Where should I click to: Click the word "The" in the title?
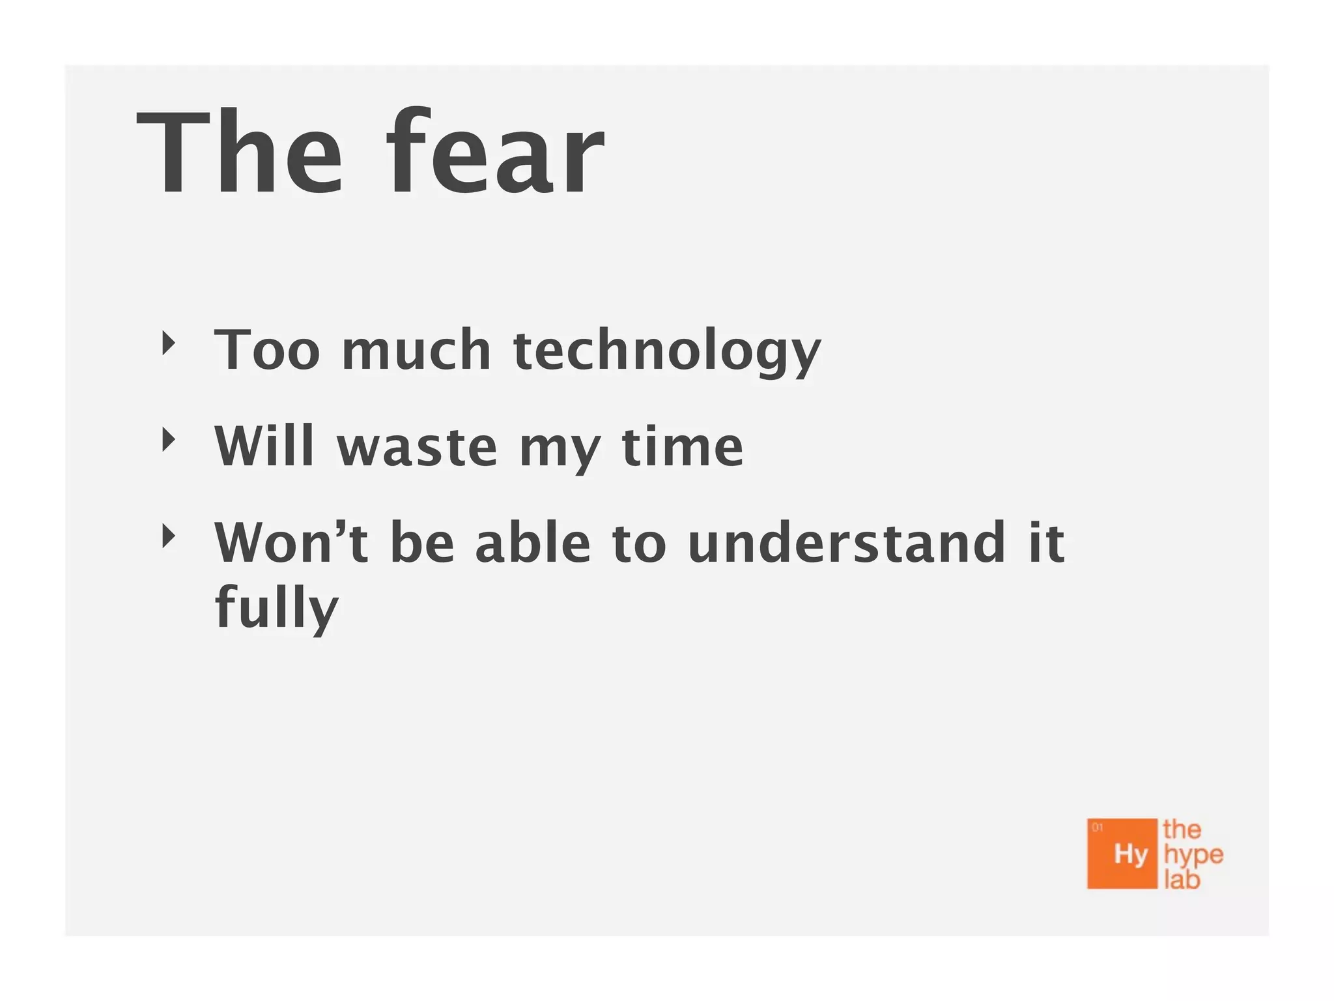click(238, 153)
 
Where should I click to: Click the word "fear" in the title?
click(495, 153)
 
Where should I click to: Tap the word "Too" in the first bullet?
click(267, 351)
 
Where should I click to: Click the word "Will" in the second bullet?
click(264, 446)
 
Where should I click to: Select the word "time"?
click(683, 446)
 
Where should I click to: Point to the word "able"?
click(533, 542)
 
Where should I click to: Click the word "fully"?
click(277, 607)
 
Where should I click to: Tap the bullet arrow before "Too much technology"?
click(169, 343)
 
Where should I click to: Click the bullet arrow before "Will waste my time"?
click(169, 440)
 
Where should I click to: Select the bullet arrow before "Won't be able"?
click(169, 536)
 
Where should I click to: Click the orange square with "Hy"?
click(1122, 854)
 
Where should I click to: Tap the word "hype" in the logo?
click(1193, 855)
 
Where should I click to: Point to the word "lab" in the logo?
click(1182, 880)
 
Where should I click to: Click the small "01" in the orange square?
click(1098, 828)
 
